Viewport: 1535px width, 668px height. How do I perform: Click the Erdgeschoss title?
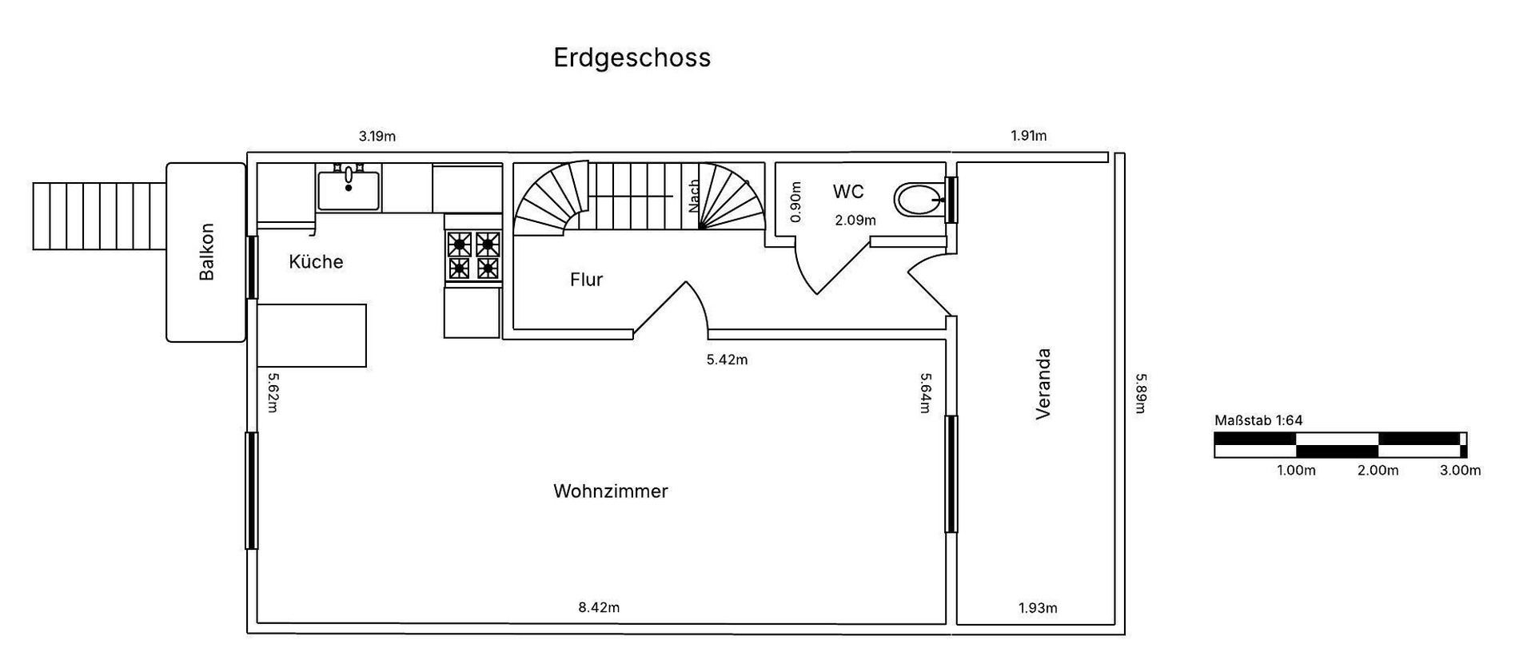(x=632, y=58)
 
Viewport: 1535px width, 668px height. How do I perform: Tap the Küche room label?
(x=316, y=262)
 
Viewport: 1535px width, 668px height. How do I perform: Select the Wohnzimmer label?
(x=610, y=491)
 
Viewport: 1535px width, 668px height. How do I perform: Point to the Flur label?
(x=586, y=280)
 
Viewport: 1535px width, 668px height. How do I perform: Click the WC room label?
(x=848, y=192)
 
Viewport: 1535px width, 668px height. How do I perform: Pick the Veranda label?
(x=1043, y=384)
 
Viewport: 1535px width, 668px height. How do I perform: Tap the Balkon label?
(x=206, y=252)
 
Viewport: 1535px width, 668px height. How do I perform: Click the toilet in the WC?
(x=919, y=200)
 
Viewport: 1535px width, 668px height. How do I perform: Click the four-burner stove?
(x=473, y=255)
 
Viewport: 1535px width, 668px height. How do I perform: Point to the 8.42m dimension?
(x=599, y=607)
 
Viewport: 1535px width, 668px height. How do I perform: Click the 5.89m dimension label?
(x=1141, y=393)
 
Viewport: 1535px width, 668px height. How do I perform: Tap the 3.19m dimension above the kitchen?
(x=377, y=136)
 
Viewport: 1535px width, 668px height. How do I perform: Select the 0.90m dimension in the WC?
(x=795, y=203)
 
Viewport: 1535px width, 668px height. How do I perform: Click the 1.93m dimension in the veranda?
(x=1038, y=608)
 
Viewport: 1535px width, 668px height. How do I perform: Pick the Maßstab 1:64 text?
(x=1258, y=420)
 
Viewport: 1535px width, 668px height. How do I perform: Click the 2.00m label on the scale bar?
(x=1378, y=471)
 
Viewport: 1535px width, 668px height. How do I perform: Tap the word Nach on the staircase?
(x=694, y=196)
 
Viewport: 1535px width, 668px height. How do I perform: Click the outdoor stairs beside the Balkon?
(x=98, y=216)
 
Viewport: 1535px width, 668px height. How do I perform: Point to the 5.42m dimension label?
(x=727, y=360)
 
